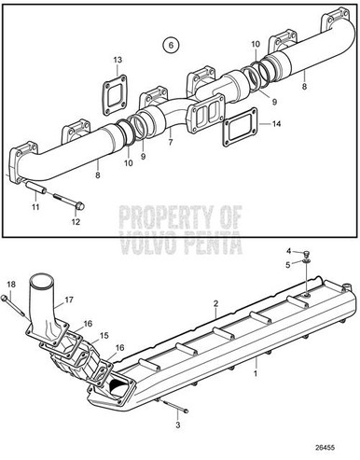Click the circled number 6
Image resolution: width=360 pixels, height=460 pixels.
click(169, 44)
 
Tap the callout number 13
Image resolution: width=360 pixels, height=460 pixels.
click(118, 61)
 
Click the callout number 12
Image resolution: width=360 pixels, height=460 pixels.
click(76, 222)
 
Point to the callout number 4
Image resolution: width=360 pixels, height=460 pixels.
click(290, 251)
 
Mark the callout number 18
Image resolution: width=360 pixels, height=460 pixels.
click(10, 284)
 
